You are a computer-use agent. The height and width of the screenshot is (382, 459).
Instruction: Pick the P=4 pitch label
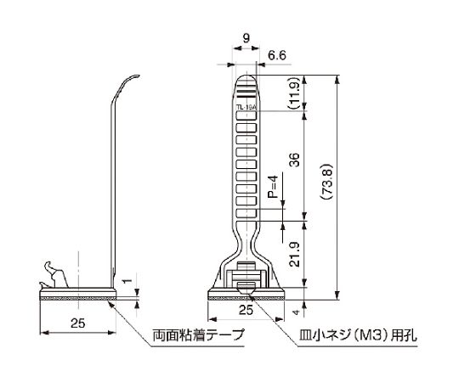coord(271,186)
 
